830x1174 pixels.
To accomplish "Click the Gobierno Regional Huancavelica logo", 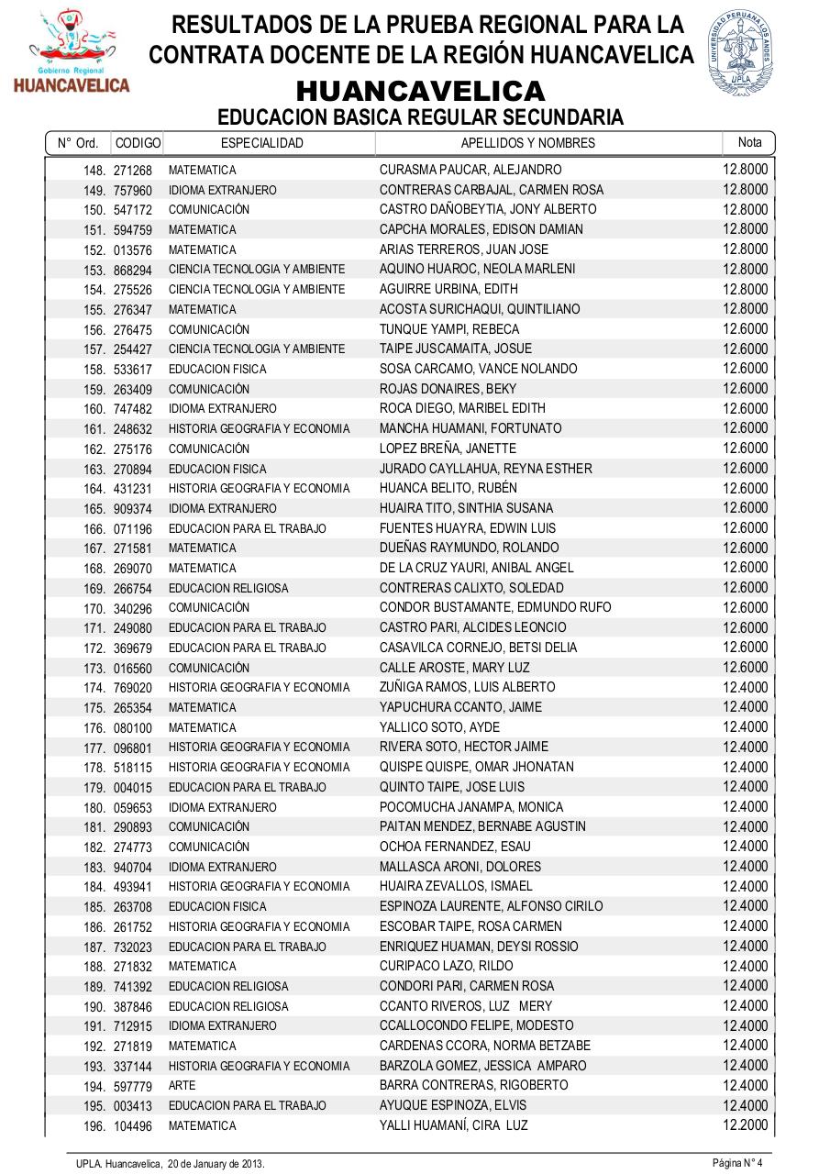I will [x=71, y=53].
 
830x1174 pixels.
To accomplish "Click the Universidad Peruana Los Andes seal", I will [x=740, y=53].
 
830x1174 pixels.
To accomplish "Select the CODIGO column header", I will [x=138, y=143].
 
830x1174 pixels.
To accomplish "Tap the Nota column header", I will [x=749, y=142].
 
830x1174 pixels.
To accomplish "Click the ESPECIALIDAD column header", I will [x=262, y=143].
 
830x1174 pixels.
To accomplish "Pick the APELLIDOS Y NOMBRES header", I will [x=527, y=143].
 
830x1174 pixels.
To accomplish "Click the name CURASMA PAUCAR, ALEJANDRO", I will [x=470, y=170].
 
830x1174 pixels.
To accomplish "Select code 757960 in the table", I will [x=133, y=191].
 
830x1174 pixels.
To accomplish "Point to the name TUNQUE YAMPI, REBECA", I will [x=449, y=329].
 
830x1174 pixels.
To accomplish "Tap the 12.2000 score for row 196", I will [x=745, y=1124].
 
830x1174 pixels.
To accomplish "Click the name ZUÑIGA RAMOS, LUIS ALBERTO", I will [x=467, y=687].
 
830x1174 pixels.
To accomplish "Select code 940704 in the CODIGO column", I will [x=133, y=867].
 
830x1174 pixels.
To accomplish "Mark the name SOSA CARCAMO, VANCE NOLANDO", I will [x=479, y=369].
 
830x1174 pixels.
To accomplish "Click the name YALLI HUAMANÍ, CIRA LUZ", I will [x=454, y=1125].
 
